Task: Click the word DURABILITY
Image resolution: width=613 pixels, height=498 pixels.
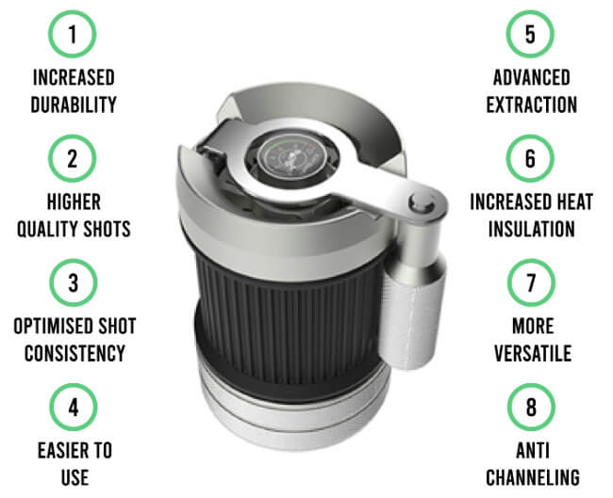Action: [74, 104]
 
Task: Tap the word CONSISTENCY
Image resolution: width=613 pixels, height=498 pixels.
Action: [75, 353]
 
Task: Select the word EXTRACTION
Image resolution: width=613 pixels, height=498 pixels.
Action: [532, 104]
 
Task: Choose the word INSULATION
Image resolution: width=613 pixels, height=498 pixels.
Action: [532, 229]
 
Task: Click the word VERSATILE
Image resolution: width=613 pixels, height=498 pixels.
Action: [533, 353]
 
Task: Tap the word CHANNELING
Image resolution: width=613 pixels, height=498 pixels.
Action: [533, 477]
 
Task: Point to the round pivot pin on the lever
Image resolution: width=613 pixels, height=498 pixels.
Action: [421, 203]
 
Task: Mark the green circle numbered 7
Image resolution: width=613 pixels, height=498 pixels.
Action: [531, 282]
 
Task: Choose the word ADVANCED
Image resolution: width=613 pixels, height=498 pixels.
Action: [531, 77]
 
